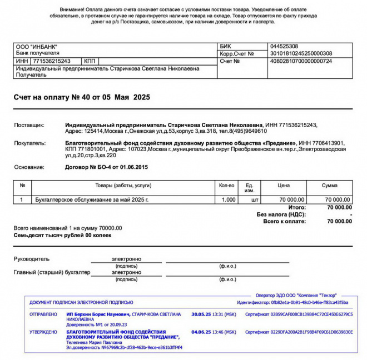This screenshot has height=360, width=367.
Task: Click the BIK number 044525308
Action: [x=284, y=46]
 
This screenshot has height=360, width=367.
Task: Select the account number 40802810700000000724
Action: [x=301, y=61]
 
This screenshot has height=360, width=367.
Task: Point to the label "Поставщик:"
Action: [x=29, y=126]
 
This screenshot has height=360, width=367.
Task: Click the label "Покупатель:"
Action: [x=30, y=143]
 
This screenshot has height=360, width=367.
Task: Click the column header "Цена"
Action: [x=284, y=185]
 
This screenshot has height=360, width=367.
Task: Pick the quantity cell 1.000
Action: [x=229, y=199]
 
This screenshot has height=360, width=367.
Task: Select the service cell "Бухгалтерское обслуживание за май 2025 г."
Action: [x=92, y=199]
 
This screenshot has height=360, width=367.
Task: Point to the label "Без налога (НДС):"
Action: [x=281, y=214]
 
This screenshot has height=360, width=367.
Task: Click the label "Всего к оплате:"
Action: [x=284, y=221]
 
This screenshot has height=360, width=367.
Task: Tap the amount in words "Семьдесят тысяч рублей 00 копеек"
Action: [x=62, y=235]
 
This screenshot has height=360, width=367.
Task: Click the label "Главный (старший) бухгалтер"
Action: [x=52, y=272]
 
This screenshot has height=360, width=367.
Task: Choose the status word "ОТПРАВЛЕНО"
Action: [x=43, y=314]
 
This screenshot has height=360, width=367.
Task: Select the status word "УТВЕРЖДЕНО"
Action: [x=43, y=332]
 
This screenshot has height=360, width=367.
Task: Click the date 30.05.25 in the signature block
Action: [x=201, y=314]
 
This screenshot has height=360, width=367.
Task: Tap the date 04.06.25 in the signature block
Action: [x=201, y=332]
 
